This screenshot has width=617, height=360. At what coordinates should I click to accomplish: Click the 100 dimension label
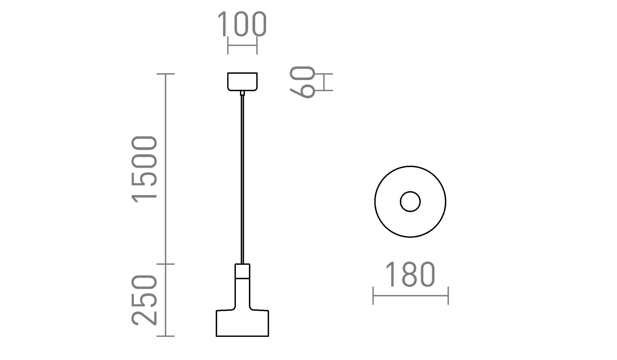pyautogui.click(x=242, y=24)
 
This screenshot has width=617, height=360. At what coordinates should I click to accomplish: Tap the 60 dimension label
pyautogui.click(x=302, y=82)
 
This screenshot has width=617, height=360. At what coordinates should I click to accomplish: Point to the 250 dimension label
pyautogui.click(x=144, y=300)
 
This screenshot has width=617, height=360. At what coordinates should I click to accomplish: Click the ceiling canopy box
pyautogui.click(x=242, y=82)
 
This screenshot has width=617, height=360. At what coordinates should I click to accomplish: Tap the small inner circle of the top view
pyautogui.click(x=410, y=202)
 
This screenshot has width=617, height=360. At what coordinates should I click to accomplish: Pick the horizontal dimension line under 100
pyautogui.click(x=242, y=45)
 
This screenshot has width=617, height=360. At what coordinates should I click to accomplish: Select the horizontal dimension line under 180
pyautogui.click(x=410, y=296)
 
